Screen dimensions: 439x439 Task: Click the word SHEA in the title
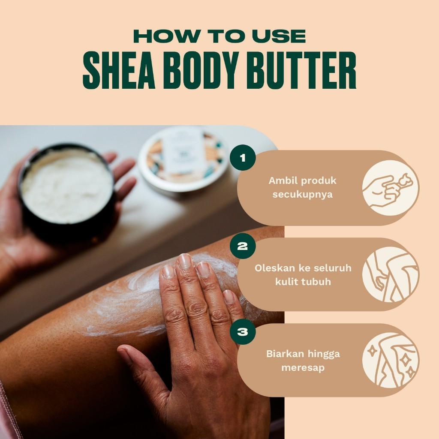[x=119, y=70]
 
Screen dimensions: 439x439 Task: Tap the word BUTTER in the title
[x=301, y=70]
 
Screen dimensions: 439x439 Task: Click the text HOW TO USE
[x=219, y=36]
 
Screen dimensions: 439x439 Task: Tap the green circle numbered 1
[x=243, y=158]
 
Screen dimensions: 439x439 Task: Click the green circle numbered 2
[x=243, y=246]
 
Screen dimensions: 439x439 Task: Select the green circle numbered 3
[x=243, y=331]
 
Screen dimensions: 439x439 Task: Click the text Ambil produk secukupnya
[x=302, y=187]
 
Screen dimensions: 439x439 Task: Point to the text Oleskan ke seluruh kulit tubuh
[x=303, y=275]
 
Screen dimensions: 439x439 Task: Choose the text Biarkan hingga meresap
[x=303, y=361]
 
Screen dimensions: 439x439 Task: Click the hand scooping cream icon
[x=391, y=188]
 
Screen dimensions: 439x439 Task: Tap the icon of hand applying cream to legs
[x=391, y=274]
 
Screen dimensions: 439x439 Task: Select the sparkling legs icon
[x=391, y=360]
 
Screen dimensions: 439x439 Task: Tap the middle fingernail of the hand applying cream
[x=185, y=262]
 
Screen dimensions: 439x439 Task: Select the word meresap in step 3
[x=303, y=367]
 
